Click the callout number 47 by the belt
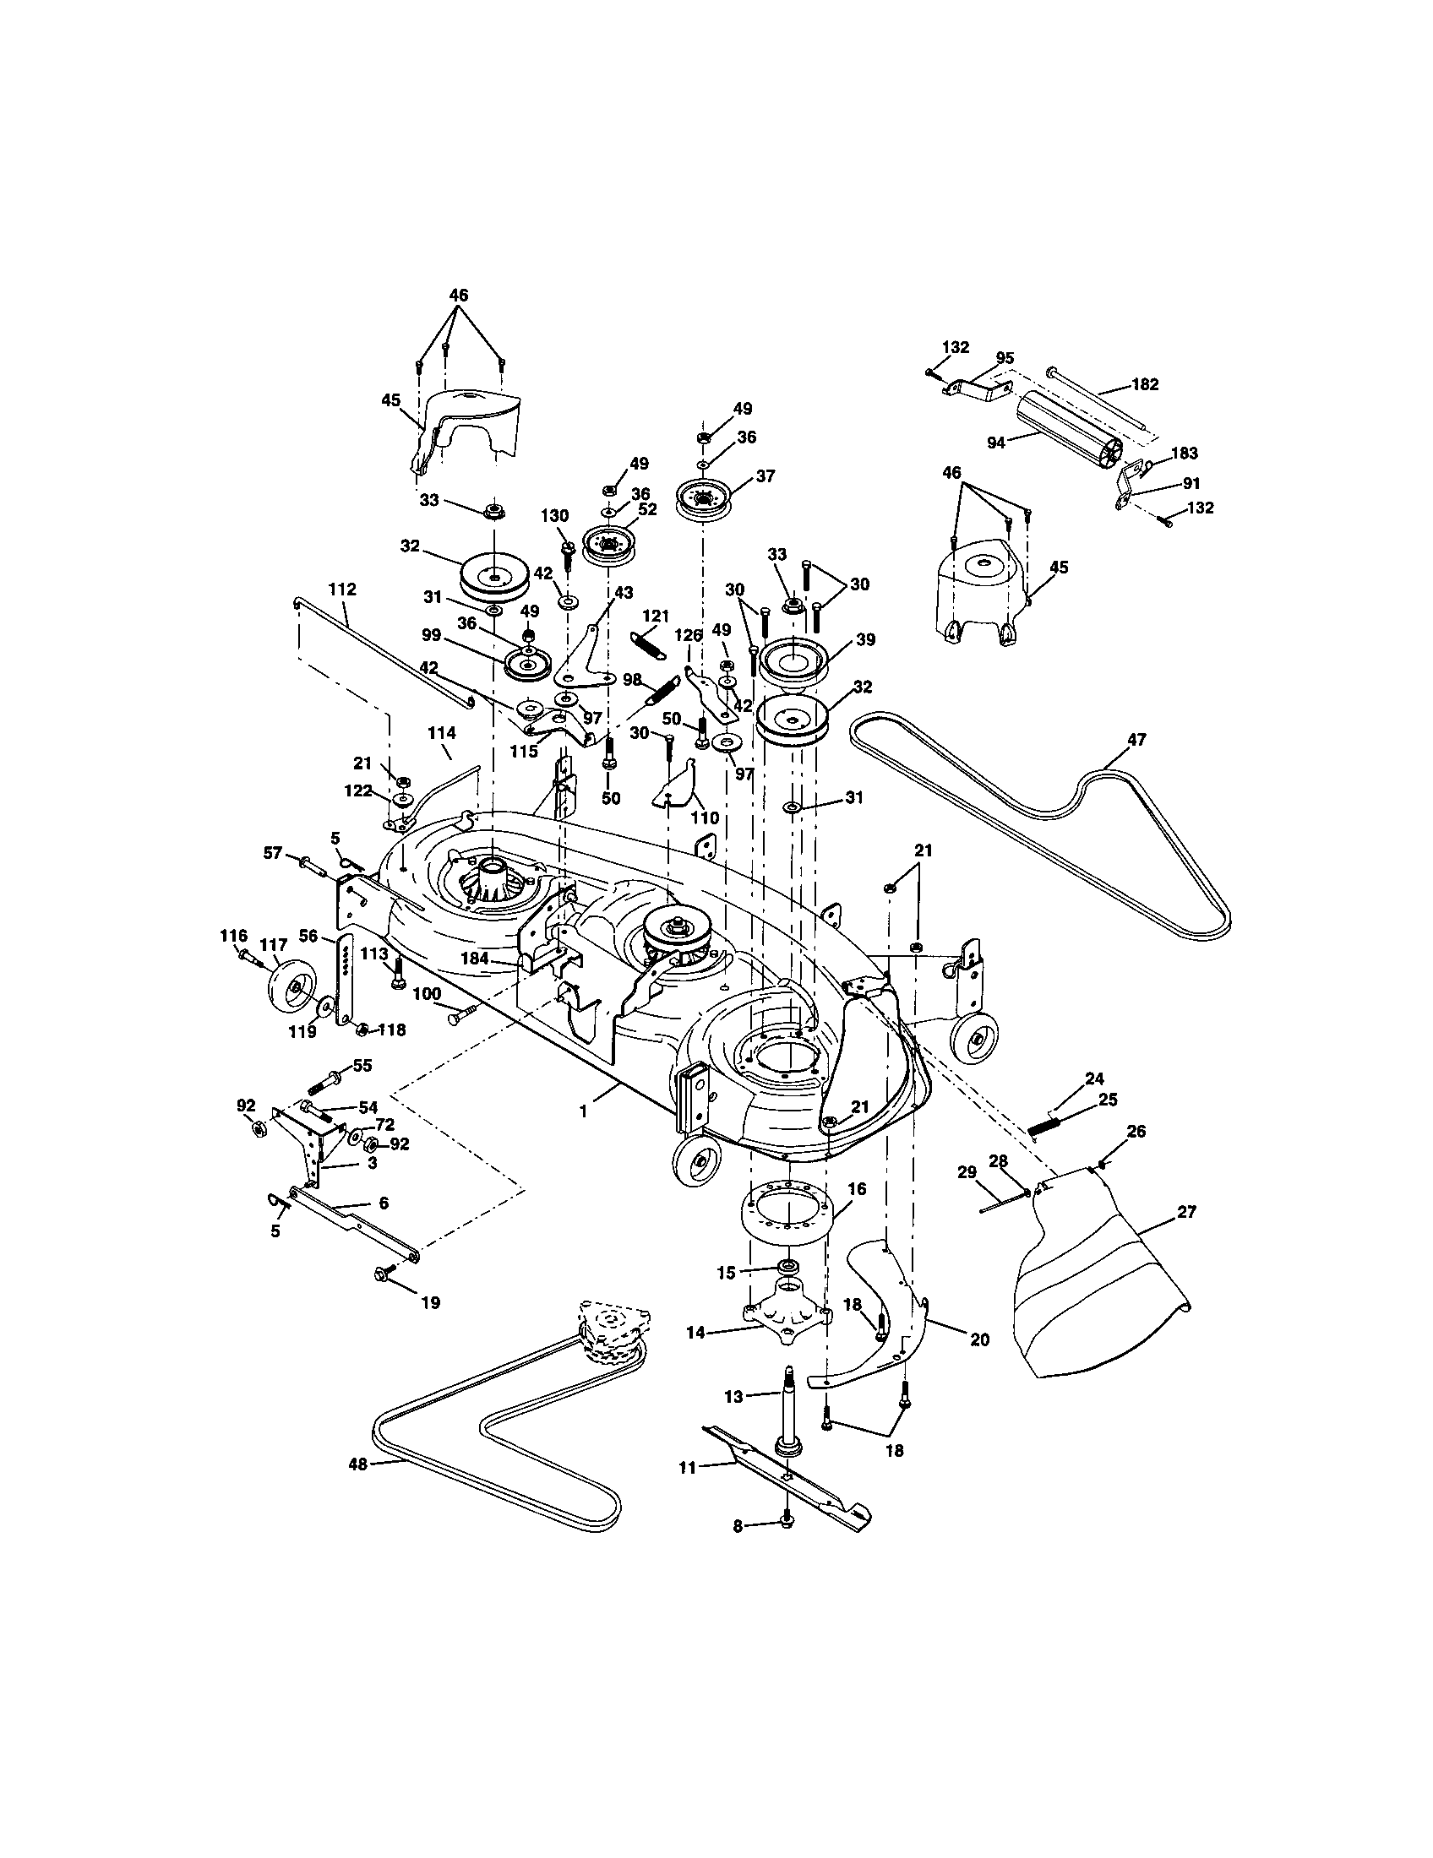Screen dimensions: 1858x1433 coord(1136,739)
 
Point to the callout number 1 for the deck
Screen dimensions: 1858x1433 coord(584,1112)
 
